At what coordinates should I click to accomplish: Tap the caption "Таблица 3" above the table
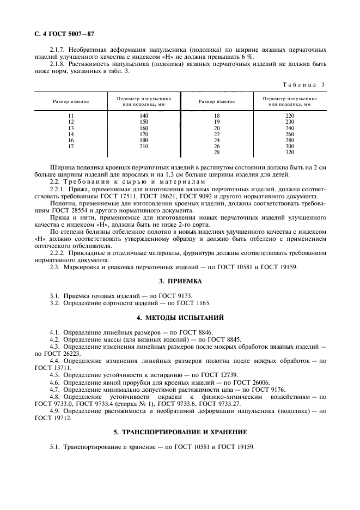click(x=304, y=84)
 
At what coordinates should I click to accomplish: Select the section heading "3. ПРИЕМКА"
click(x=180, y=281)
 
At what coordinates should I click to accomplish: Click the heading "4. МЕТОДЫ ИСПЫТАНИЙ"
click(x=180, y=317)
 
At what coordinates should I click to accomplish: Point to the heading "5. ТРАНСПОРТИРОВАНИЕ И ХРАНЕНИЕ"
click(x=180, y=432)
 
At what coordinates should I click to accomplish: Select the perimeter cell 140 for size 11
click(x=144, y=116)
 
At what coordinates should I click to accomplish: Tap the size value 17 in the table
click(x=71, y=147)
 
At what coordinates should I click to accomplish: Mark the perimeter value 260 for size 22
click(x=290, y=135)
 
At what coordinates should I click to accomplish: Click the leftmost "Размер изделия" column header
click(x=71, y=102)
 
